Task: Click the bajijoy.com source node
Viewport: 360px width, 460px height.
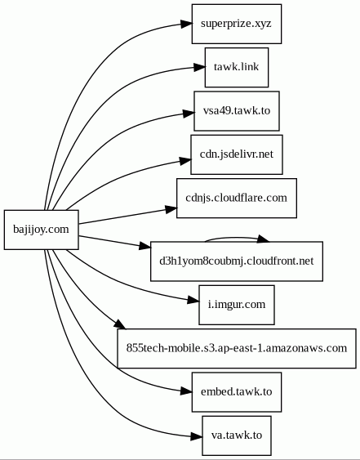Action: click(x=42, y=230)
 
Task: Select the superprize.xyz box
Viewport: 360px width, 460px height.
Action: click(x=237, y=24)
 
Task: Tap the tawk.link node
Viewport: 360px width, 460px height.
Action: click(x=237, y=68)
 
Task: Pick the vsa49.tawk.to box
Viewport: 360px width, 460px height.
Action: click(x=237, y=111)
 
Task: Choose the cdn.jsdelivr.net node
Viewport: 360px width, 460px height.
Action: click(x=237, y=154)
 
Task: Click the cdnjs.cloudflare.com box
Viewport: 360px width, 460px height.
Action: click(x=237, y=199)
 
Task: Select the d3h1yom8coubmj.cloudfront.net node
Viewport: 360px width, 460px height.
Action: click(x=237, y=261)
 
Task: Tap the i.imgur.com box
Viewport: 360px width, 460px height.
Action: click(x=237, y=305)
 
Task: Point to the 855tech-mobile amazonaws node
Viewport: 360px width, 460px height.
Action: click(x=237, y=349)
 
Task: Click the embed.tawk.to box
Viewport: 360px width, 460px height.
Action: click(x=237, y=392)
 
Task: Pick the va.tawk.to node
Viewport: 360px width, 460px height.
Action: click(x=237, y=435)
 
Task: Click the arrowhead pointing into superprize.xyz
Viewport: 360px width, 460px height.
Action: click(x=186, y=24)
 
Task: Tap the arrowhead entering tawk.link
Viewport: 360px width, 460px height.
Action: click(x=199, y=68)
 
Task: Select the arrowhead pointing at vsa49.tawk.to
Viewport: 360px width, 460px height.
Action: click(x=189, y=114)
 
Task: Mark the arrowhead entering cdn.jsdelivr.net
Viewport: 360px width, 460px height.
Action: click(x=185, y=161)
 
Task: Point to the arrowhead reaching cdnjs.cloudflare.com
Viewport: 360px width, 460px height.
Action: click(x=171, y=209)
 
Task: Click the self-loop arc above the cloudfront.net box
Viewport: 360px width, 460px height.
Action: click(x=234, y=238)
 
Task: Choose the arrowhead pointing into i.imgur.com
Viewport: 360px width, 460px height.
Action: click(x=193, y=300)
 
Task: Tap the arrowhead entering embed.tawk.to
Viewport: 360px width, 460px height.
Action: click(x=186, y=391)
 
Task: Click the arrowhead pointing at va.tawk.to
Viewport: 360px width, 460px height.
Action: click(x=197, y=436)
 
